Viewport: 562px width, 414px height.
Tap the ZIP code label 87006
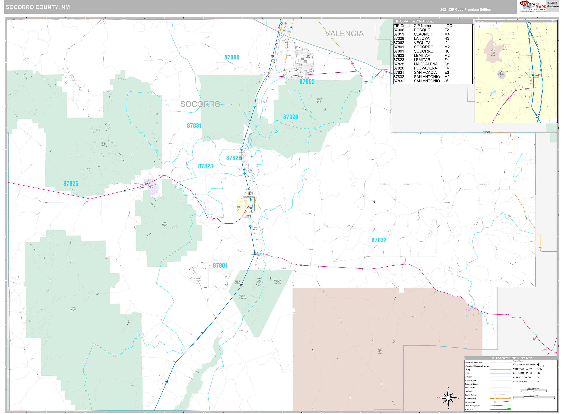click(x=232, y=57)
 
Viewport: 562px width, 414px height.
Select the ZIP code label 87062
click(x=307, y=82)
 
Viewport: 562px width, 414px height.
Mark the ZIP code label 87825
click(x=71, y=184)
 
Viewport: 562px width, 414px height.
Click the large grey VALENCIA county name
click(x=344, y=34)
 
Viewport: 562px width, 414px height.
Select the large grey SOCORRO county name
click(x=200, y=104)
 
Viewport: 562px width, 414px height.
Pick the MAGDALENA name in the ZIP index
click(x=426, y=64)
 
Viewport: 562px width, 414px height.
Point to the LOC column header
click(x=448, y=26)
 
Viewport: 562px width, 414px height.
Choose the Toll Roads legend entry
click(x=469, y=409)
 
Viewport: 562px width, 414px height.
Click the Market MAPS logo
click(x=533, y=6)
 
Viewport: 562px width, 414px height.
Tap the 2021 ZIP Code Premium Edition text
click(x=466, y=10)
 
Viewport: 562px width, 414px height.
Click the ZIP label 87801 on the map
click(x=220, y=266)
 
